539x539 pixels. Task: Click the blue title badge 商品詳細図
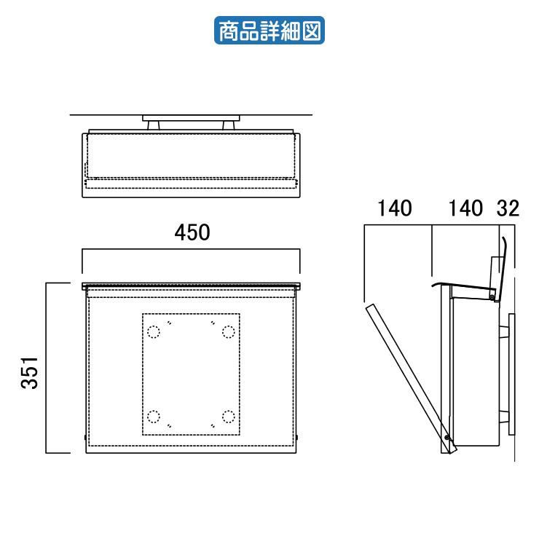[x=269, y=31]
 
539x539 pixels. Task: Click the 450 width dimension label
[x=192, y=232]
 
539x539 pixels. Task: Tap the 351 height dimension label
[x=29, y=373]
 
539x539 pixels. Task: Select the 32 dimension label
[x=508, y=208]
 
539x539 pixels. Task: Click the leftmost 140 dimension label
[x=395, y=208]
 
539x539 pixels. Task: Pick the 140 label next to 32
[x=465, y=208]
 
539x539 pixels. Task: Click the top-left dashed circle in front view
[x=153, y=331]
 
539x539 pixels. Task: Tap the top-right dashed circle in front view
[x=229, y=331]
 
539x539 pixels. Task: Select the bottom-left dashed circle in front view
[x=153, y=417]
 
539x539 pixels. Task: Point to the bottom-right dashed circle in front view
[x=229, y=417]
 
